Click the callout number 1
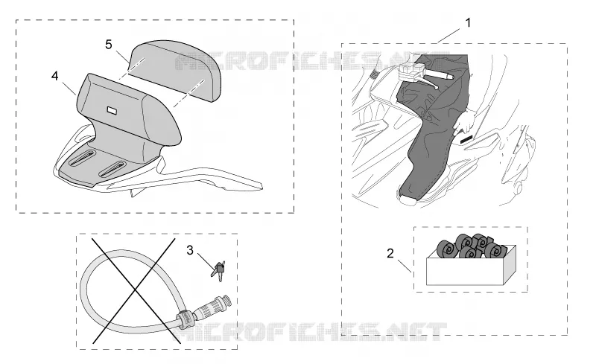[x=469, y=23]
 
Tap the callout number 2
[x=390, y=253]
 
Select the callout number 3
[x=190, y=250]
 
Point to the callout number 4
[x=54, y=76]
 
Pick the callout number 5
[x=109, y=45]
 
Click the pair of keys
[x=218, y=270]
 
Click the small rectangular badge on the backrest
[x=112, y=111]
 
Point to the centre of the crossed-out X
[x=135, y=291]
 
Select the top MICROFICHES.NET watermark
[x=311, y=61]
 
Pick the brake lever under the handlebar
[x=427, y=83]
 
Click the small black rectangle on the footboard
[x=466, y=139]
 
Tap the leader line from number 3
[x=206, y=261]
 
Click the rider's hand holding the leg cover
[x=464, y=121]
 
